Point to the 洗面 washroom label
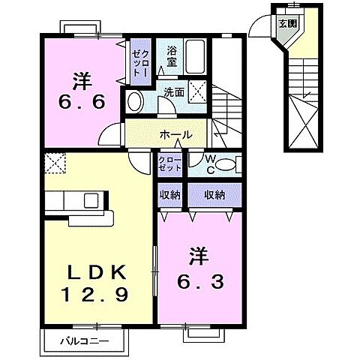(x=175, y=94)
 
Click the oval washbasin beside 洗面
(x=135, y=102)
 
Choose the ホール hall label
(x=175, y=135)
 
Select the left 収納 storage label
(x=169, y=195)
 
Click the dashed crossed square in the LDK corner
(x=55, y=163)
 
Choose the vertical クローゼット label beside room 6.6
(x=139, y=60)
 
